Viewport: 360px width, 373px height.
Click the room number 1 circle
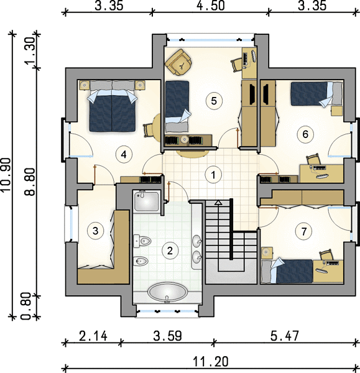213,175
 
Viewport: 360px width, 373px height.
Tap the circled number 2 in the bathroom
170,251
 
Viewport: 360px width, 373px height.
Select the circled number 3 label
95,231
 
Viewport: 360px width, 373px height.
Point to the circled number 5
214,101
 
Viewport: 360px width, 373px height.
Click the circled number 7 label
303,231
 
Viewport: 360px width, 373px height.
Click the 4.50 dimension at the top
211,6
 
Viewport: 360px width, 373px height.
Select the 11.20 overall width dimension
211,362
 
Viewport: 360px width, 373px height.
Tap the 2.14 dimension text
93,336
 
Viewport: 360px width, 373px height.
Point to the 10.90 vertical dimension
6,175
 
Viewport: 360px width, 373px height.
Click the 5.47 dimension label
285,336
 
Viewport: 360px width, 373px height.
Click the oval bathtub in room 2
167,292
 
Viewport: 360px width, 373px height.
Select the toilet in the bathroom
142,241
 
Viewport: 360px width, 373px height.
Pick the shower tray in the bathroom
146,201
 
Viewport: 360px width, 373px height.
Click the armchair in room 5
179,62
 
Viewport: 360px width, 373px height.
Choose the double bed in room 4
112,106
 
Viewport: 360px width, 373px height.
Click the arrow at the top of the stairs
218,203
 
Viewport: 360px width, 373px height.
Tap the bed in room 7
287,271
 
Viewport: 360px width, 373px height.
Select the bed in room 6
316,94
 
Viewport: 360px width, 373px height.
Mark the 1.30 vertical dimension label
30,50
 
